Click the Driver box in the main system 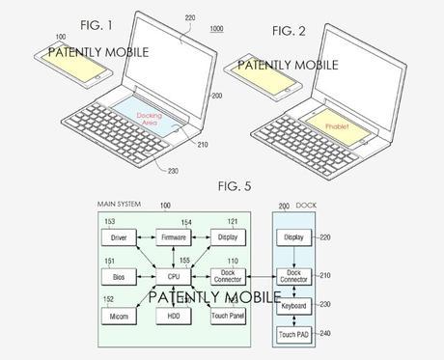119,236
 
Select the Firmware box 175,236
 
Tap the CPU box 175,276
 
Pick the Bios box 119,276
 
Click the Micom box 119,316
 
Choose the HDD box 175,316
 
